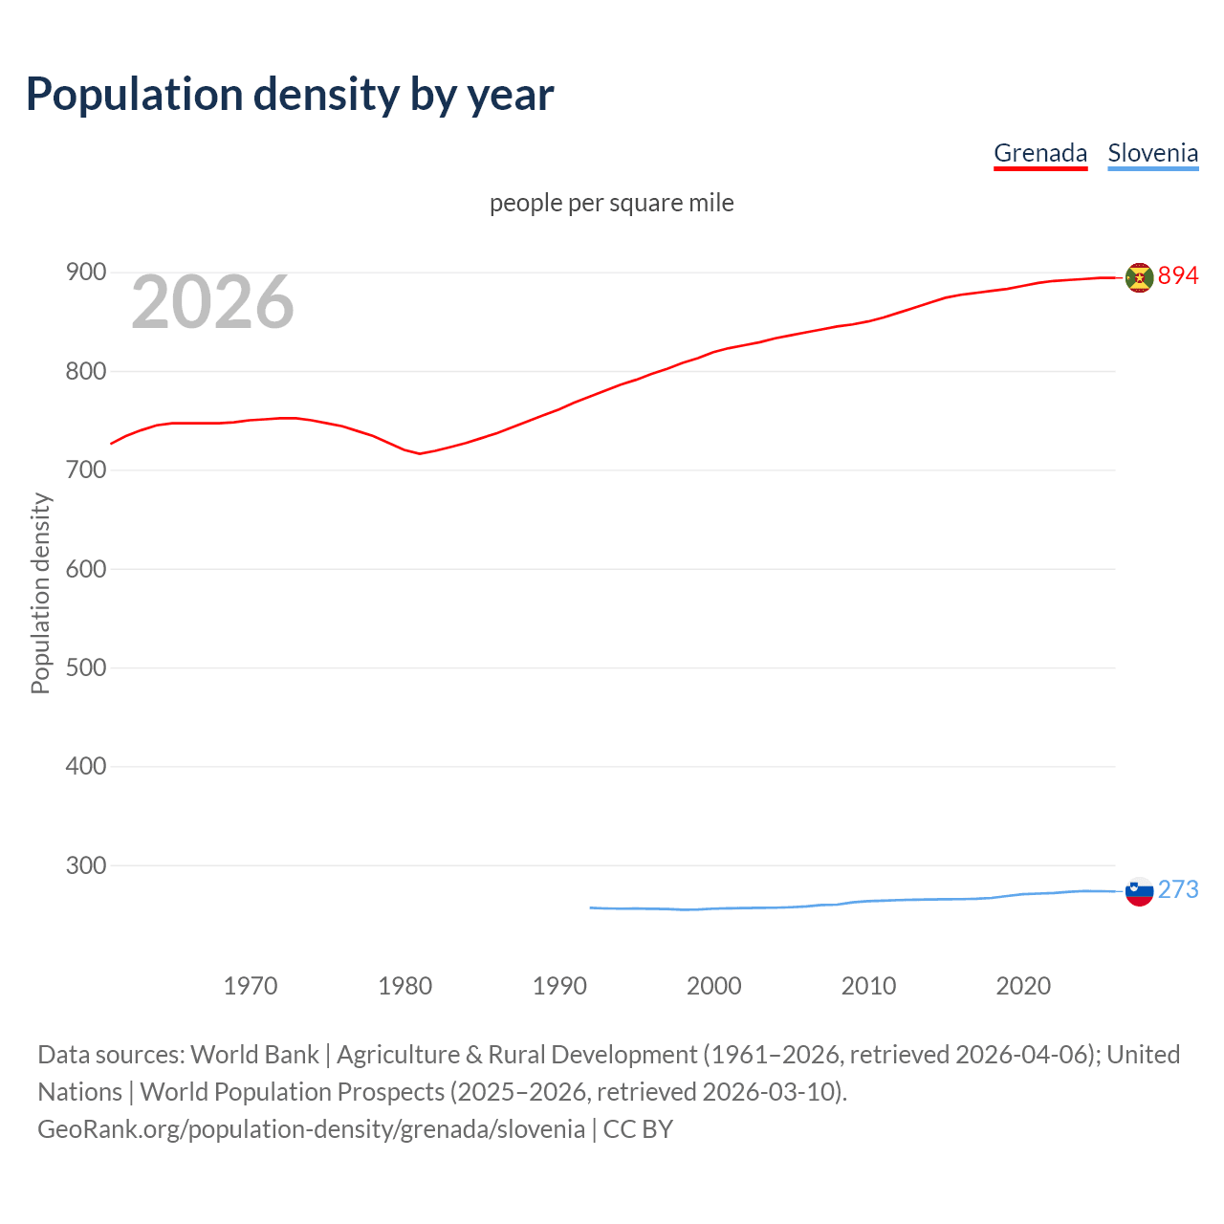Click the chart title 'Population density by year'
pos(290,95)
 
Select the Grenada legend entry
pos(1040,153)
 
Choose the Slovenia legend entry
pos(1152,153)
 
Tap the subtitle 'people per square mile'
pos(611,203)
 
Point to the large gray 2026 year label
pos(212,302)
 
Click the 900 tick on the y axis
pos(85,273)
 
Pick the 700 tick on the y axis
pos(85,470)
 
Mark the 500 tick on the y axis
pos(85,667)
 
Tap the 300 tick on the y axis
pos(85,865)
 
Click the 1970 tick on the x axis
pos(251,986)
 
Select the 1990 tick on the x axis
pos(559,986)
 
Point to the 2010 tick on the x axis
pos(868,986)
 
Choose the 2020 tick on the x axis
pos(1023,986)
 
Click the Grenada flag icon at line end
pos(1139,277)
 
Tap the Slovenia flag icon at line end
pos(1139,891)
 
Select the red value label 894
pos(1178,276)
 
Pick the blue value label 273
pos(1178,890)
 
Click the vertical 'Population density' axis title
pos(40,593)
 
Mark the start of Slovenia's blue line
pos(591,907)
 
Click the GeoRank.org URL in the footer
pos(311,1129)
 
